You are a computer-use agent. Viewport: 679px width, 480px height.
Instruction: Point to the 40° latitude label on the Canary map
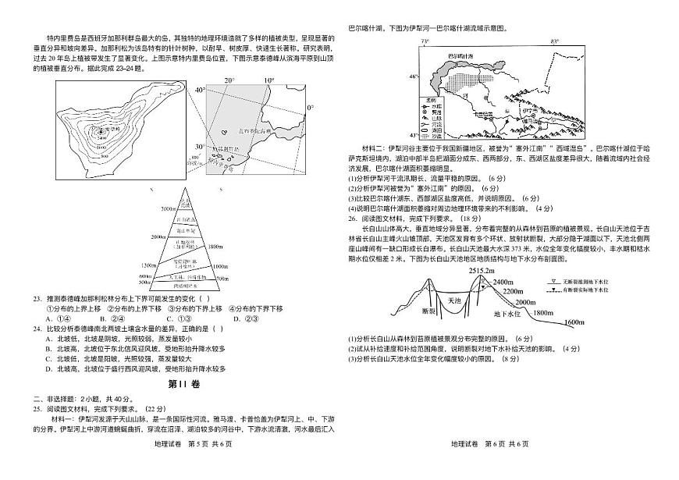click(200, 91)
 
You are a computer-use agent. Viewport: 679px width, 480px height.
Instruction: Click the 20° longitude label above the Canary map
click(229, 80)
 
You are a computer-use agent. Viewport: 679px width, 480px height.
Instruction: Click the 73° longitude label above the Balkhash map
click(425, 40)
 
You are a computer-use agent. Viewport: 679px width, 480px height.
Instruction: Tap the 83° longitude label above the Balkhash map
click(553, 40)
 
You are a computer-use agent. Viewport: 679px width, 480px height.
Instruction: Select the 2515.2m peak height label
click(482, 270)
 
